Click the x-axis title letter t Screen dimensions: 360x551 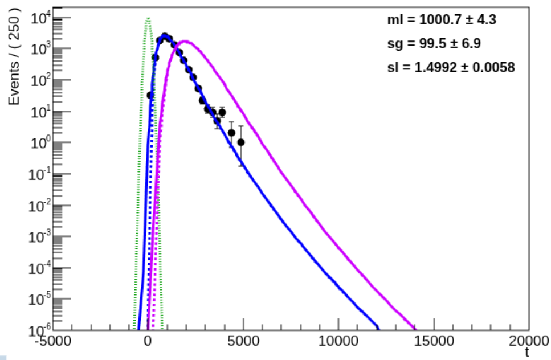[528, 353]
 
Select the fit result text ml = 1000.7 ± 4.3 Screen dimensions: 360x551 [442, 20]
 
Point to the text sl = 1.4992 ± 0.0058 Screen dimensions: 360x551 [451, 67]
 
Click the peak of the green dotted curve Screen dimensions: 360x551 [148, 18]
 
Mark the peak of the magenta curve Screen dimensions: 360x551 [185, 41]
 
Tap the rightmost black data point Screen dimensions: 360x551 [241, 142]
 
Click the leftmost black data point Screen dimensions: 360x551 [150, 95]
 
